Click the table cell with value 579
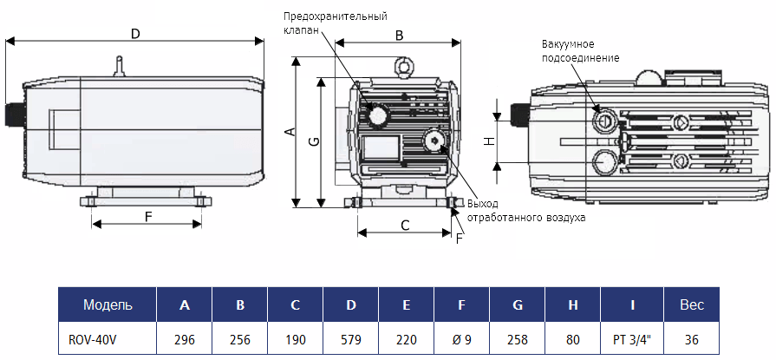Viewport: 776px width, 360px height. pyautogui.click(x=350, y=339)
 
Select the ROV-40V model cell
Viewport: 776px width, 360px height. pyautogui.click(x=93, y=339)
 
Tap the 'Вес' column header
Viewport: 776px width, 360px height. pyautogui.click(x=691, y=304)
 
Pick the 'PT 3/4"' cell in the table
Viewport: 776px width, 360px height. pyautogui.click(x=634, y=339)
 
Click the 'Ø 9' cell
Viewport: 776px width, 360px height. pyautogui.click(x=461, y=339)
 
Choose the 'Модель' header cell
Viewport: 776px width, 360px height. pyautogui.click(x=108, y=304)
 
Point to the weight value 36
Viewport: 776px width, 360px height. pyautogui.click(x=691, y=339)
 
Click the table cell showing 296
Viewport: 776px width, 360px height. pyautogui.click(x=184, y=339)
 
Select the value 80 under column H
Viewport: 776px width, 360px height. pyautogui.click(x=573, y=339)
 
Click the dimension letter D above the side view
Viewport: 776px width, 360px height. pyautogui.click(x=134, y=34)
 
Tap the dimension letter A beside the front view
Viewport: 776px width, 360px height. pyautogui.click(x=291, y=132)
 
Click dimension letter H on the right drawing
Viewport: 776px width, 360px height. pyautogui.click(x=488, y=141)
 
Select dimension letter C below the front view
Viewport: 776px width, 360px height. pyautogui.click(x=405, y=225)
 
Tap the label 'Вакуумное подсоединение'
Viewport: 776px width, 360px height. pyautogui.click(x=580, y=50)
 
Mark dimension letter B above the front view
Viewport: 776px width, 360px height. pyautogui.click(x=399, y=36)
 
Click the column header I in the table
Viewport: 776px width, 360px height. pyautogui.click(x=633, y=304)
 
